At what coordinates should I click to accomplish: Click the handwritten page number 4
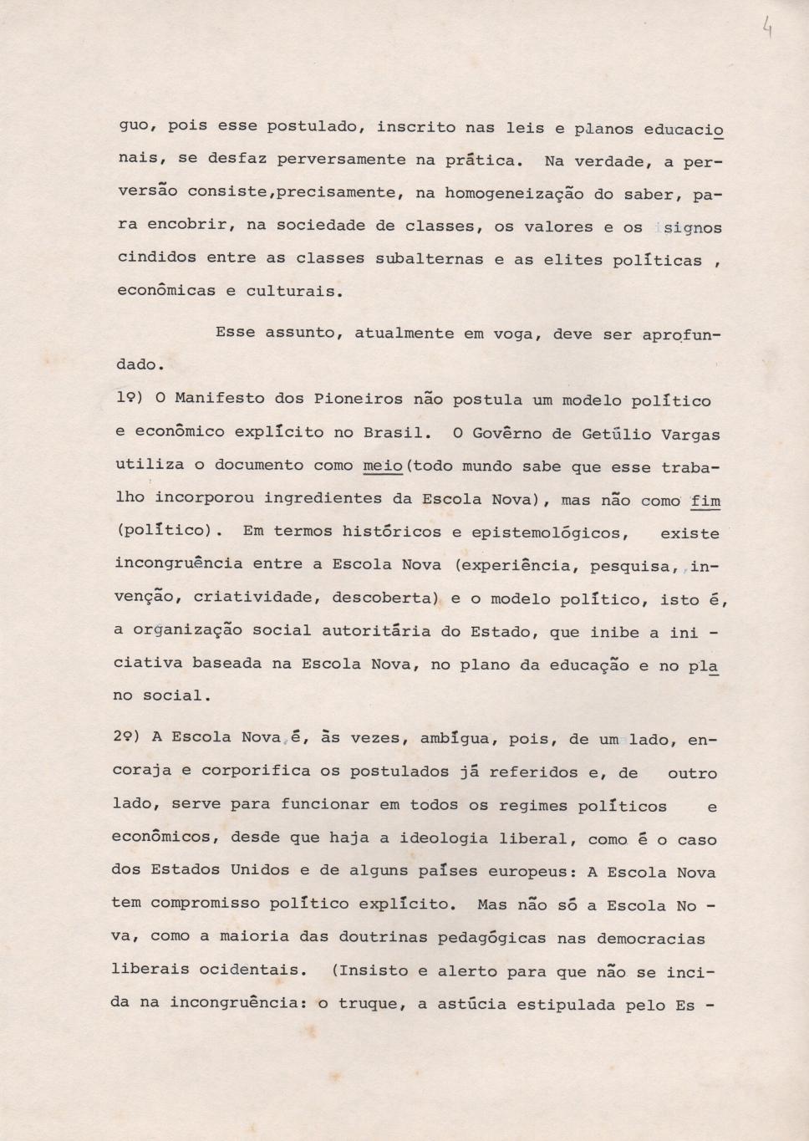coord(766,31)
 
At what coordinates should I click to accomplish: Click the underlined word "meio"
coord(383,466)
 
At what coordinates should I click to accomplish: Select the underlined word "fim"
coord(706,501)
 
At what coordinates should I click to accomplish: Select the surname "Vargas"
coord(690,435)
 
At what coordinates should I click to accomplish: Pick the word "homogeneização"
coord(514,194)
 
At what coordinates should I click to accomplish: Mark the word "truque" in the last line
coord(367,1004)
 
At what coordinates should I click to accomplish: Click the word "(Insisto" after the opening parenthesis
coord(369,971)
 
